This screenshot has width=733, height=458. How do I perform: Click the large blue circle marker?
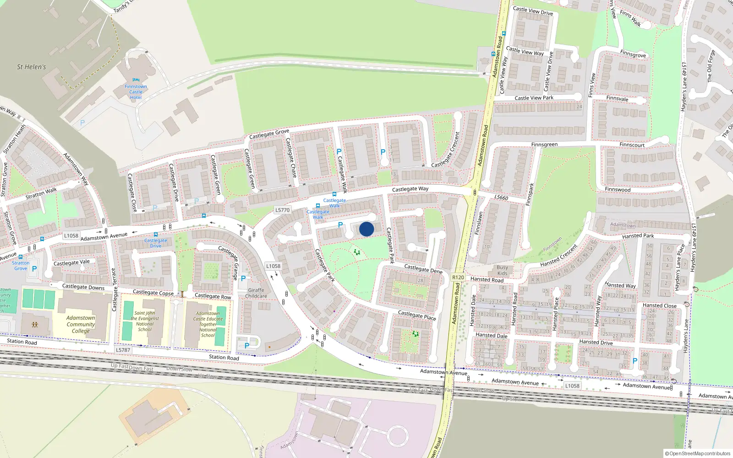point(366,229)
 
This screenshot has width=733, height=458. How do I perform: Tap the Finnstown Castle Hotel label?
point(136,92)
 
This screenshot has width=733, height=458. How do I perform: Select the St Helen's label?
point(32,67)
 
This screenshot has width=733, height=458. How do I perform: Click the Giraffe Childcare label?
point(256,293)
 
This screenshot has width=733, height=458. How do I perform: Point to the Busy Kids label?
point(502,270)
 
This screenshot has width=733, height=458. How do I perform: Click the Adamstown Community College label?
point(81,324)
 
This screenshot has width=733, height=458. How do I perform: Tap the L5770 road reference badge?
point(282,210)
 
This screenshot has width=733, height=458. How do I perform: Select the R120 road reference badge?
point(458,278)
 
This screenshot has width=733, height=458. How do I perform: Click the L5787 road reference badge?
point(123,350)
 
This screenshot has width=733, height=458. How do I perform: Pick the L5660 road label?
point(501,197)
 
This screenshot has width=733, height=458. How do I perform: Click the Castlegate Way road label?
point(410,189)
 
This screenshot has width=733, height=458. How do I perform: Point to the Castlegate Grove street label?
point(269,134)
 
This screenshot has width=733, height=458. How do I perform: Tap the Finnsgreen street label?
point(544,145)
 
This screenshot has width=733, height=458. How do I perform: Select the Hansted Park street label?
point(638,236)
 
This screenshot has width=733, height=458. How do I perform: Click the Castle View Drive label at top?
point(533,11)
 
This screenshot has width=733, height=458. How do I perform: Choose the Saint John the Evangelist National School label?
point(145,322)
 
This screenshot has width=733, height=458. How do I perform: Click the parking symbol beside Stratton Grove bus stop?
point(34,269)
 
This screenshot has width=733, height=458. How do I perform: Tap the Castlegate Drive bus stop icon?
point(156,234)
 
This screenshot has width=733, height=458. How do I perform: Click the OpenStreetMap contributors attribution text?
point(697,453)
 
